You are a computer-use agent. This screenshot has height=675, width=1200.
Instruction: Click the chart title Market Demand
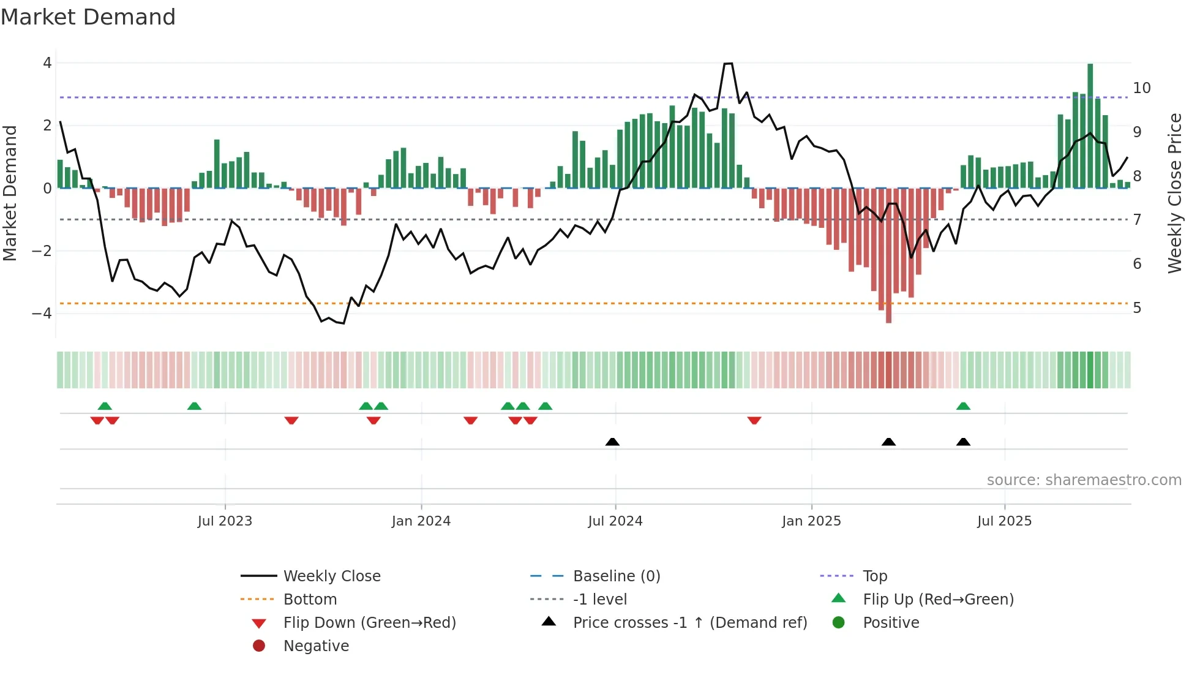coord(88,17)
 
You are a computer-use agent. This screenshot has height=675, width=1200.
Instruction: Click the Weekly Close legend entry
coord(331,576)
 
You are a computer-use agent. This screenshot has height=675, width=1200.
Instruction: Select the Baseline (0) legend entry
coord(616,576)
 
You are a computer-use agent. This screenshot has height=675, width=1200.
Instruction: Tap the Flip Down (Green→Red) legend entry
coord(369,622)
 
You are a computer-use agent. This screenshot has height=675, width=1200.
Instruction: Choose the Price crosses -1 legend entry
coord(689,622)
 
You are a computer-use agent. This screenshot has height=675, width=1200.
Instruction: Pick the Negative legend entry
coord(316,646)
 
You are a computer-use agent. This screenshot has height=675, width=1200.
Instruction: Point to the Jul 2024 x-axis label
coord(615,521)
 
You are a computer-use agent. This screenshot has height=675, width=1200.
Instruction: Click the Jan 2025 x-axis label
coord(811,521)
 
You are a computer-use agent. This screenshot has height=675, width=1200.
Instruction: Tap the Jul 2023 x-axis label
coord(225,521)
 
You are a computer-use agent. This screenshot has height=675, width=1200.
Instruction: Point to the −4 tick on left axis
coord(42,313)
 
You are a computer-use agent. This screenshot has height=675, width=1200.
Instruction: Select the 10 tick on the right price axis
coord(1141,88)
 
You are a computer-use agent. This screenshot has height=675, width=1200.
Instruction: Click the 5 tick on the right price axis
coord(1137,307)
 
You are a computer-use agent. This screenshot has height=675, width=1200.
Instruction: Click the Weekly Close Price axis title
coord(1174,193)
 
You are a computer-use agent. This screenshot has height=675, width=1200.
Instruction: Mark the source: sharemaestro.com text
coord(1084,480)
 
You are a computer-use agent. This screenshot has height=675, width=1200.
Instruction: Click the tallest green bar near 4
coord(1090,126)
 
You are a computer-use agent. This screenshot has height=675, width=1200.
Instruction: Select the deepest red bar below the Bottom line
coord(888,257)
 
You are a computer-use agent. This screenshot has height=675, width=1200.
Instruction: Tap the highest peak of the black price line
coord(728,64)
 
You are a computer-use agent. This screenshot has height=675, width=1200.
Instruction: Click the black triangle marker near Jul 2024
coord(612,442)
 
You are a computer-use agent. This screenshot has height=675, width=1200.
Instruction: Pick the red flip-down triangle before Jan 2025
coord(754,420)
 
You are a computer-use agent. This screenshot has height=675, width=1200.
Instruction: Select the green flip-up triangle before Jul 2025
coord(963,406)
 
